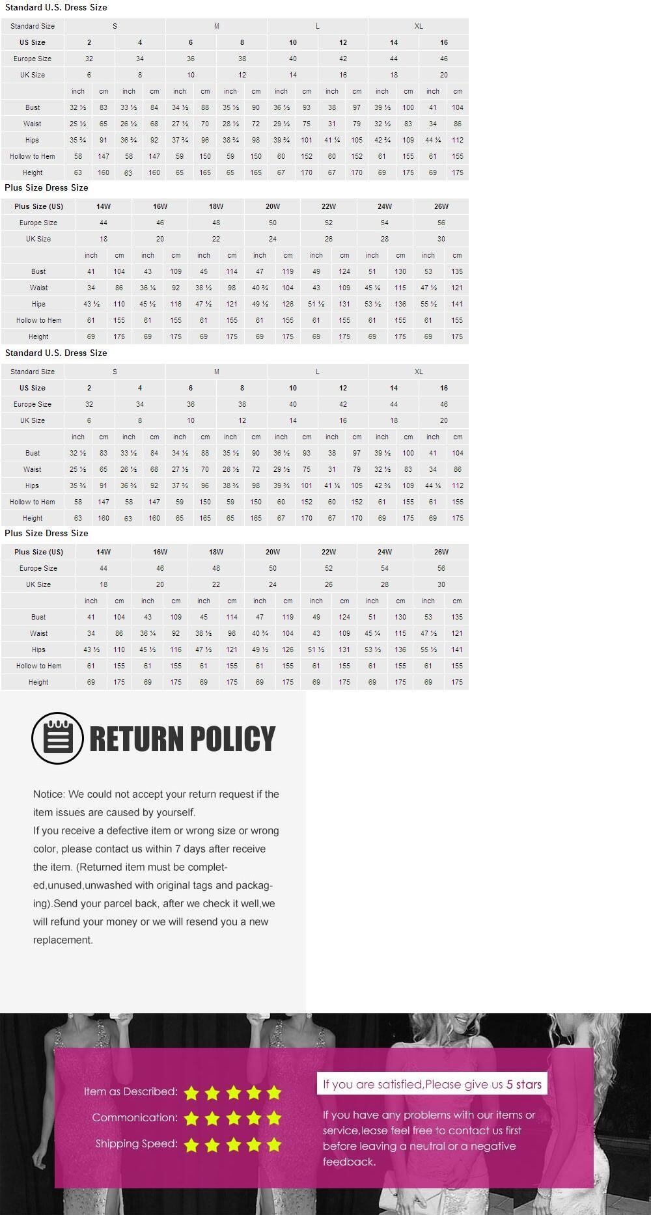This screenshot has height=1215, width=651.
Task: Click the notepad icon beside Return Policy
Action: (x=57, y=738)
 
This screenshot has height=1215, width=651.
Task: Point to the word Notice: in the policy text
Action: (x=49, y=794)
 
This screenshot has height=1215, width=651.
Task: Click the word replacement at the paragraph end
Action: (x=62, y=940)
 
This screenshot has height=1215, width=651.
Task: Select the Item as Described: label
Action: (x=130, y=1091)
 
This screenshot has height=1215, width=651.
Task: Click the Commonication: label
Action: (x=134, y=1117)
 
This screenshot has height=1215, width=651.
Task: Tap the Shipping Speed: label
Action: (x=136, y=1143)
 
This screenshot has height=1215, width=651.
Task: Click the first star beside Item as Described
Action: (x=191, y=1093)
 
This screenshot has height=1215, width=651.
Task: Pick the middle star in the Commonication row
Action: (x=232, y=1119)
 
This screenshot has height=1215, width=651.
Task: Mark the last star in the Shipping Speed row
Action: (x=273, y=1145)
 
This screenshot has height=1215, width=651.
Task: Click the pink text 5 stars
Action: (x=524, y=1084)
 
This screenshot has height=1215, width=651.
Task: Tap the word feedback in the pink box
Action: (x=348, y=1162)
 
